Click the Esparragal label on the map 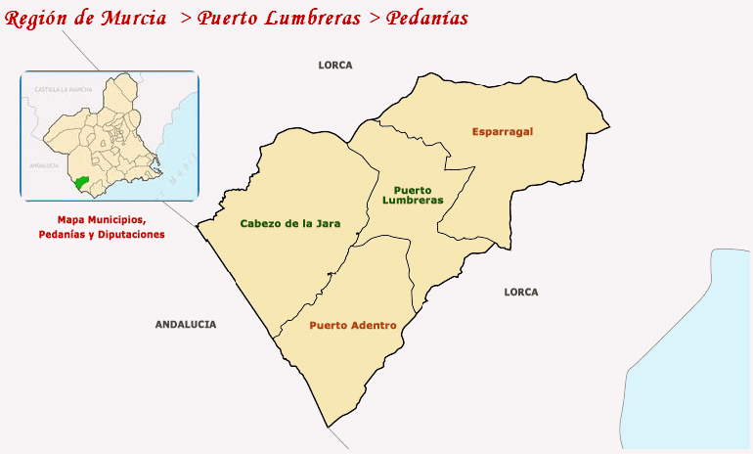coord(502,131)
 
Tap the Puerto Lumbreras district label coord(419,195)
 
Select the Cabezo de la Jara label coord(290,223)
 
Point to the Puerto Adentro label coord(353,325)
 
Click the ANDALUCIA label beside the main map coord(186,324)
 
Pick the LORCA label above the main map coord(335,66)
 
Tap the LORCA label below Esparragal coord(521,292)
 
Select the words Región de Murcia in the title coord(79,19)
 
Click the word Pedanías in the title coord(426,19)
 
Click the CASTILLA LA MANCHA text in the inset coord(64,89)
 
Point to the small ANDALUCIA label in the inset coord(44,165)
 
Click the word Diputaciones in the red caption coord(132,235)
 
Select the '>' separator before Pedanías coord(375,19)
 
